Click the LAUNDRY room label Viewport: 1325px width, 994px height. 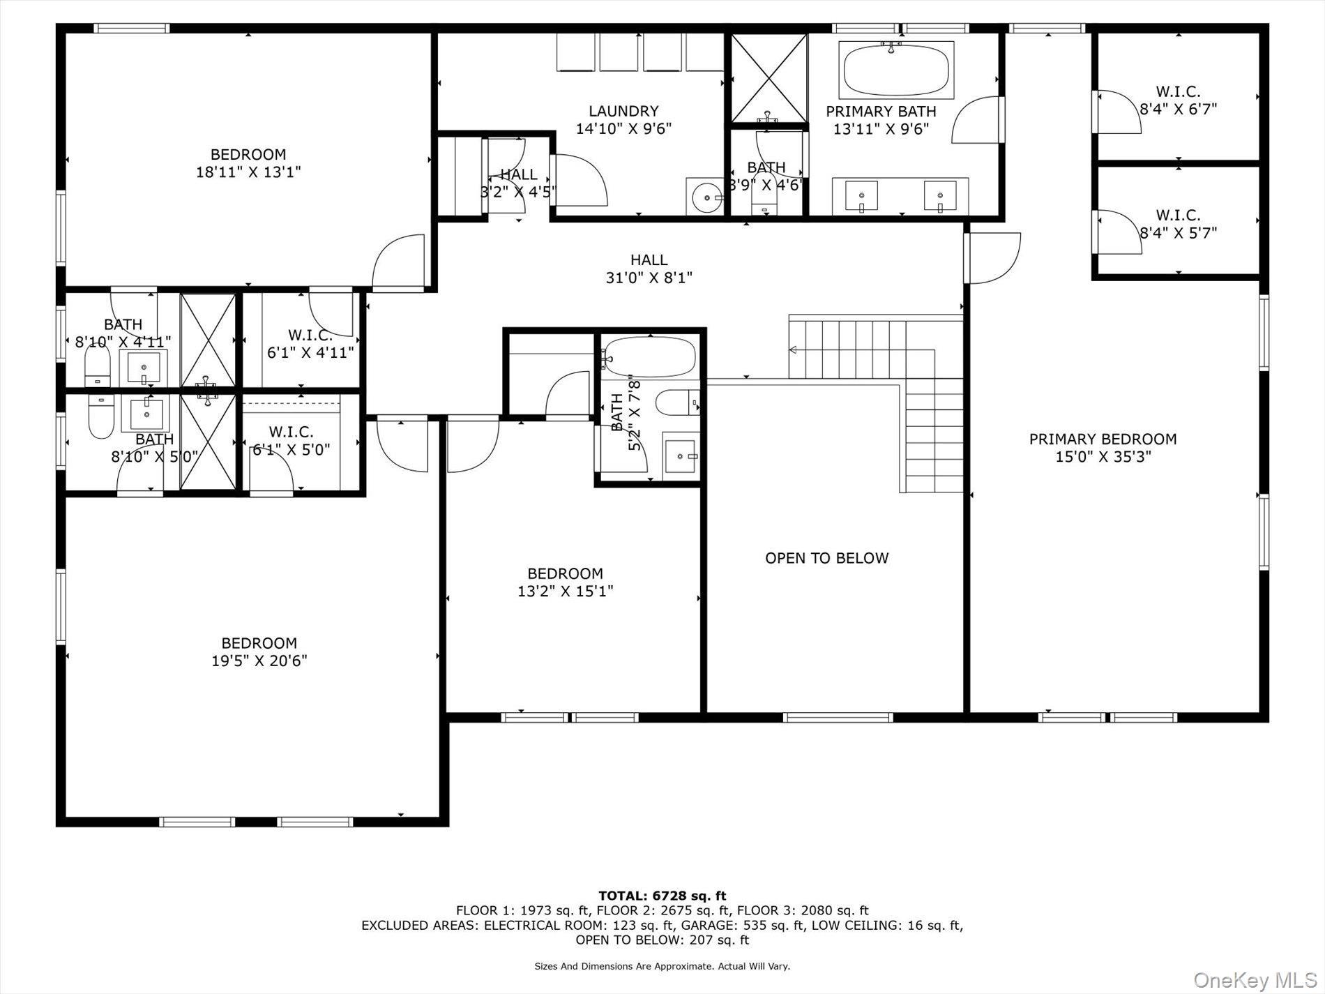[x=623, y=111]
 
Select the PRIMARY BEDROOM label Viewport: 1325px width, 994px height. [x=1103, y=439]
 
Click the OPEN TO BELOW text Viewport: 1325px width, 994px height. [x=826, y=558]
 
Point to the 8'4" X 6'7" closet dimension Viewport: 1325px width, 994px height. [x=1178, y=110]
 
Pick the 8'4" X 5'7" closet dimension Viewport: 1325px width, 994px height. [x=1178, y=233]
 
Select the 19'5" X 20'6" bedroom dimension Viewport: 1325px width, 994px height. [x=259, y=661]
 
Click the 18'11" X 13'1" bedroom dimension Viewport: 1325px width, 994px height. [x=248, y=172]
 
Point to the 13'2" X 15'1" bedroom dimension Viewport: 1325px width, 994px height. [x=565, y=592]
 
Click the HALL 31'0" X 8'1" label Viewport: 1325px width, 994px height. [x=649, y=269]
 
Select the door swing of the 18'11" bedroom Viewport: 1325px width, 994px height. [x=400, y=262]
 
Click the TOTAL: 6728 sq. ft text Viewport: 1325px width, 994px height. [x=662, y=896]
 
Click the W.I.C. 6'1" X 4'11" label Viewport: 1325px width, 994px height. [x=310, y=344]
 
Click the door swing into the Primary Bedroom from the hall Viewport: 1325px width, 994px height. [x=993, y=257]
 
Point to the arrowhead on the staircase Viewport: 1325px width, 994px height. [x=793, y=349]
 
